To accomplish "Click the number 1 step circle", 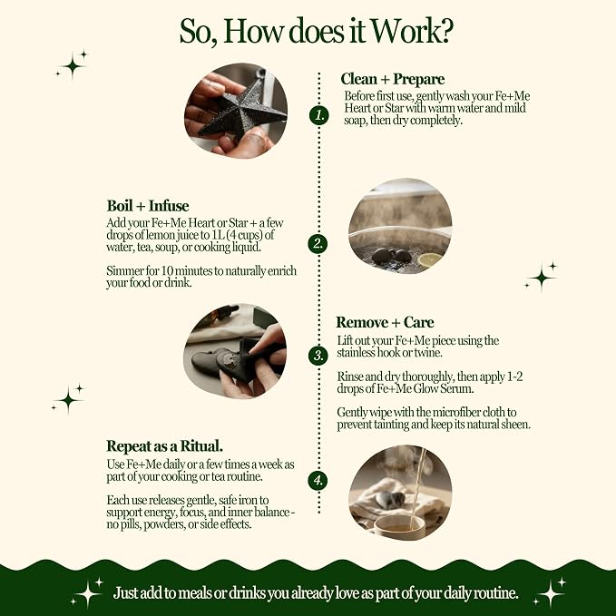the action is pos(318,115).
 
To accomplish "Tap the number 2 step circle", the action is pos(318,243).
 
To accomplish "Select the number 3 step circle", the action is pos(318,356).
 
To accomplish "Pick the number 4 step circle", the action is pos(318,481).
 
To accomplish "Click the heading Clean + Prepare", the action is pos(393,79).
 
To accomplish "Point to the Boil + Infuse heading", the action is pos(148,206).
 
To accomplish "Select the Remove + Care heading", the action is pos(385,323).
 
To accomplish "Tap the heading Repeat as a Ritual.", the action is pos(164,446).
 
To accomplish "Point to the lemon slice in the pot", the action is pos(429,259).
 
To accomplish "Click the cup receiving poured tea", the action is pos(399,527).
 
